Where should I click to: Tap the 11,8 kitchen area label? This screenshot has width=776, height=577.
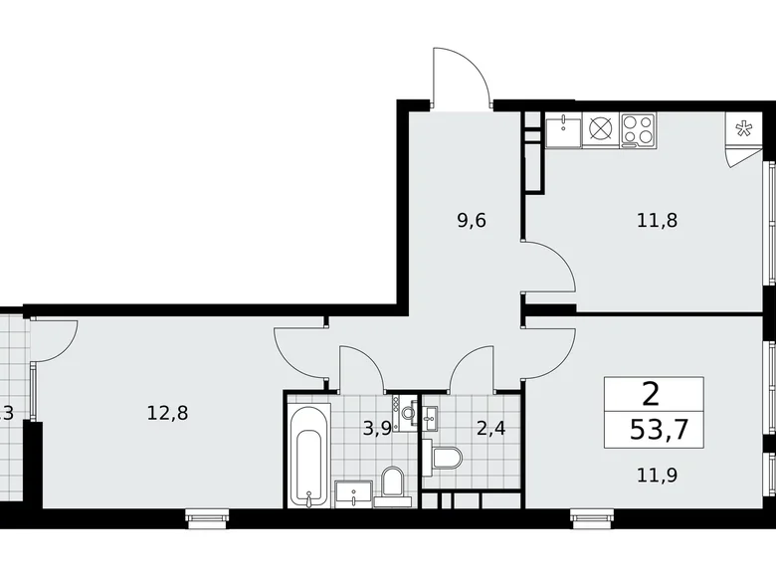[657, 220]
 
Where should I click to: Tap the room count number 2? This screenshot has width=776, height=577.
[652, 396]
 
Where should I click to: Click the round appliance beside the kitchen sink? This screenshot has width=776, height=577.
[601, 128]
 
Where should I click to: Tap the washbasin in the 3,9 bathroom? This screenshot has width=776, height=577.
[354, 490]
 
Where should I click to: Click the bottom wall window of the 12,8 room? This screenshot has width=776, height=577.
[208, 514]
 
